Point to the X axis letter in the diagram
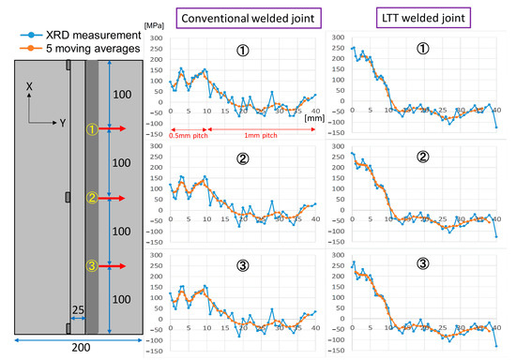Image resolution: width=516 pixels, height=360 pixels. (x=30, y=86)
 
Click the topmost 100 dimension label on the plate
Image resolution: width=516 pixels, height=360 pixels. (x=124, y=95)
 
